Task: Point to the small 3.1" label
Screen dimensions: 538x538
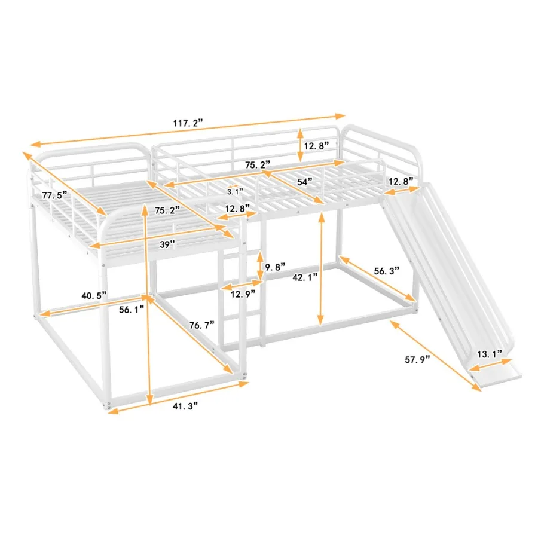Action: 234,192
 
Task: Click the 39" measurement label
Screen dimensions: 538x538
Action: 167,244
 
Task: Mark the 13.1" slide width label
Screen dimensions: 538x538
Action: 490,354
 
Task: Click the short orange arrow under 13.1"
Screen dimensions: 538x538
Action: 491,365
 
